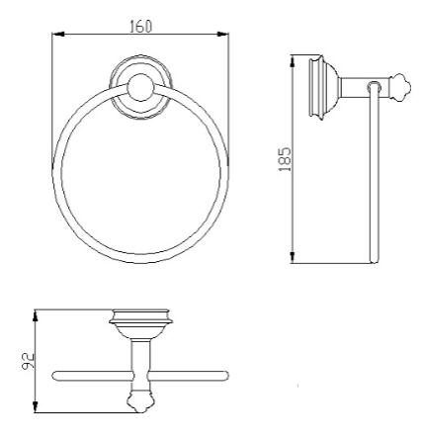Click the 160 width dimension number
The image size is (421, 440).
[x=141, y=27]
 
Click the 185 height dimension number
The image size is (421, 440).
[x=285, y=159]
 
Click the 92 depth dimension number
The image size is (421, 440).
[x=29, y=361]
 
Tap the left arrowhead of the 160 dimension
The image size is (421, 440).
[x=57, y=34]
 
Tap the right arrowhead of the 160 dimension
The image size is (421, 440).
[x=223, y=34]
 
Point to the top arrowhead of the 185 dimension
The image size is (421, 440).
[x=293, y=61]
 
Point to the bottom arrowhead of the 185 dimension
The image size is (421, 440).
[x=293, y=257]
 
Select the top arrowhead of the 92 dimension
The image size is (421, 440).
[x=36, y=315]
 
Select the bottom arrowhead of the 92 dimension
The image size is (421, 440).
[x=36, y=406]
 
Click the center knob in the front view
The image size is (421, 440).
[x=140, y=87]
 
